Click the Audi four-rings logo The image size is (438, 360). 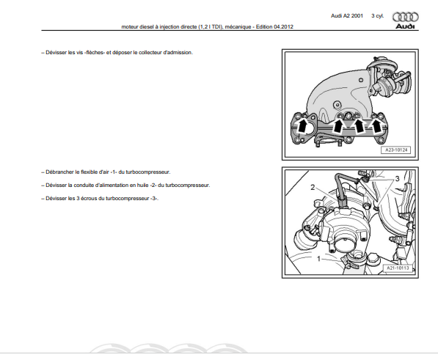point(405,17)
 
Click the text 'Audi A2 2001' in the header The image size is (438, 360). point(347,16)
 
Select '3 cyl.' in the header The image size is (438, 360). point(378,16)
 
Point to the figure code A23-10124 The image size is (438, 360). point(396,150)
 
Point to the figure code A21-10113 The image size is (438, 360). point(398,268)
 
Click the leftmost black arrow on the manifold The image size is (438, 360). point(302,126)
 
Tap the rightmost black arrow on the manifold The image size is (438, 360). point(376,126)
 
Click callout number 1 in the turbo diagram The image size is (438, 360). point(318,259)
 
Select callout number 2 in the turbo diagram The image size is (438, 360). point(313,187)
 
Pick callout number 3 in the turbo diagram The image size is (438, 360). point(397,179)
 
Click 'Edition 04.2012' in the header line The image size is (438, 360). point(274,27)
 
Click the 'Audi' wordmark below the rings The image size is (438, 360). point(405,26)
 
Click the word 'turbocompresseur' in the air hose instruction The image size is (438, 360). point(147,172)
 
